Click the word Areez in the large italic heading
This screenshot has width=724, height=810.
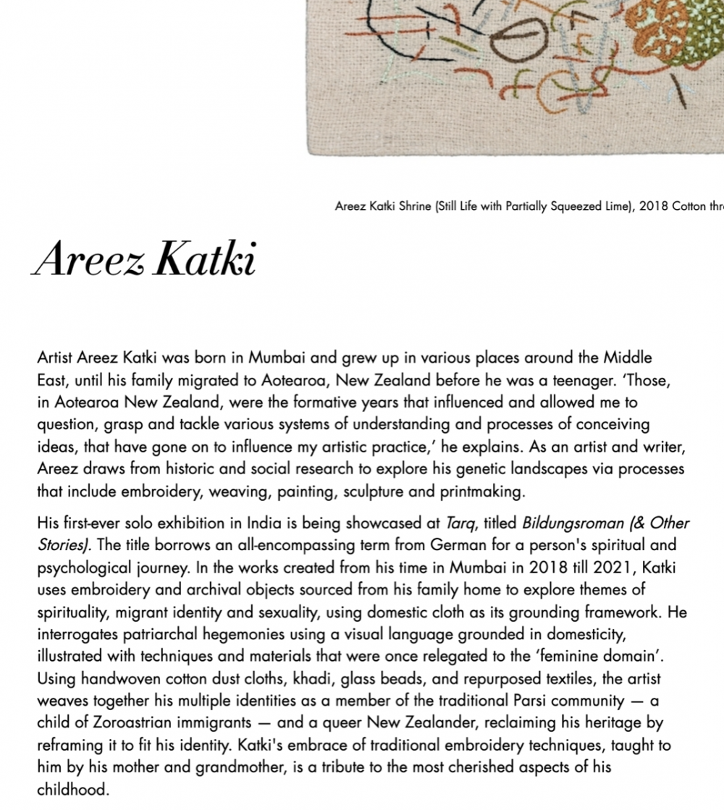point(90,259)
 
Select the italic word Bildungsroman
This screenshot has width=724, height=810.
point(565,523)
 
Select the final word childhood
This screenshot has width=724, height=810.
point(73,790)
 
